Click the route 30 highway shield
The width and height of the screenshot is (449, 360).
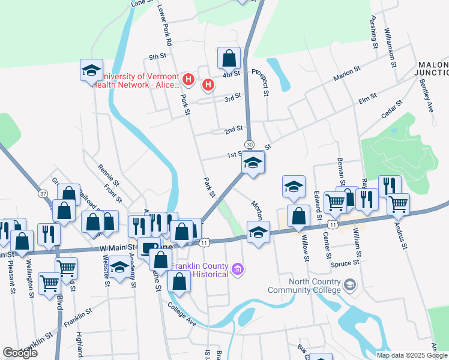click(x=249, y=145)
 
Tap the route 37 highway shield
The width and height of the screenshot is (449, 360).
click(x=43, y=194)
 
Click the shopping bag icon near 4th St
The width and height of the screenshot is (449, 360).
click(x=229, y=59)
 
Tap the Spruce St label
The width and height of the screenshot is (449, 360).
click(x=345, y=263)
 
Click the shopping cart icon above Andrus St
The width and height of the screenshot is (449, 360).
click(x=398, y=204)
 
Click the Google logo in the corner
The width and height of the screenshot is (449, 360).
click(x=20, y=353)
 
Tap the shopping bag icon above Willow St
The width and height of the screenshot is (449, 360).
click(x=298, y=215)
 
